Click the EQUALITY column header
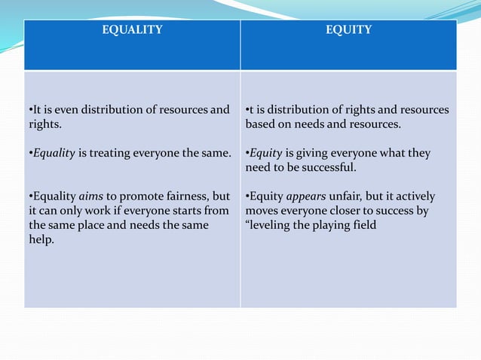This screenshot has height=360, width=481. pos(132,30)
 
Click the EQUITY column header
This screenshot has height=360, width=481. pos(348,30)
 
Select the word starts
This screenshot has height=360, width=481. pos(181,211)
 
